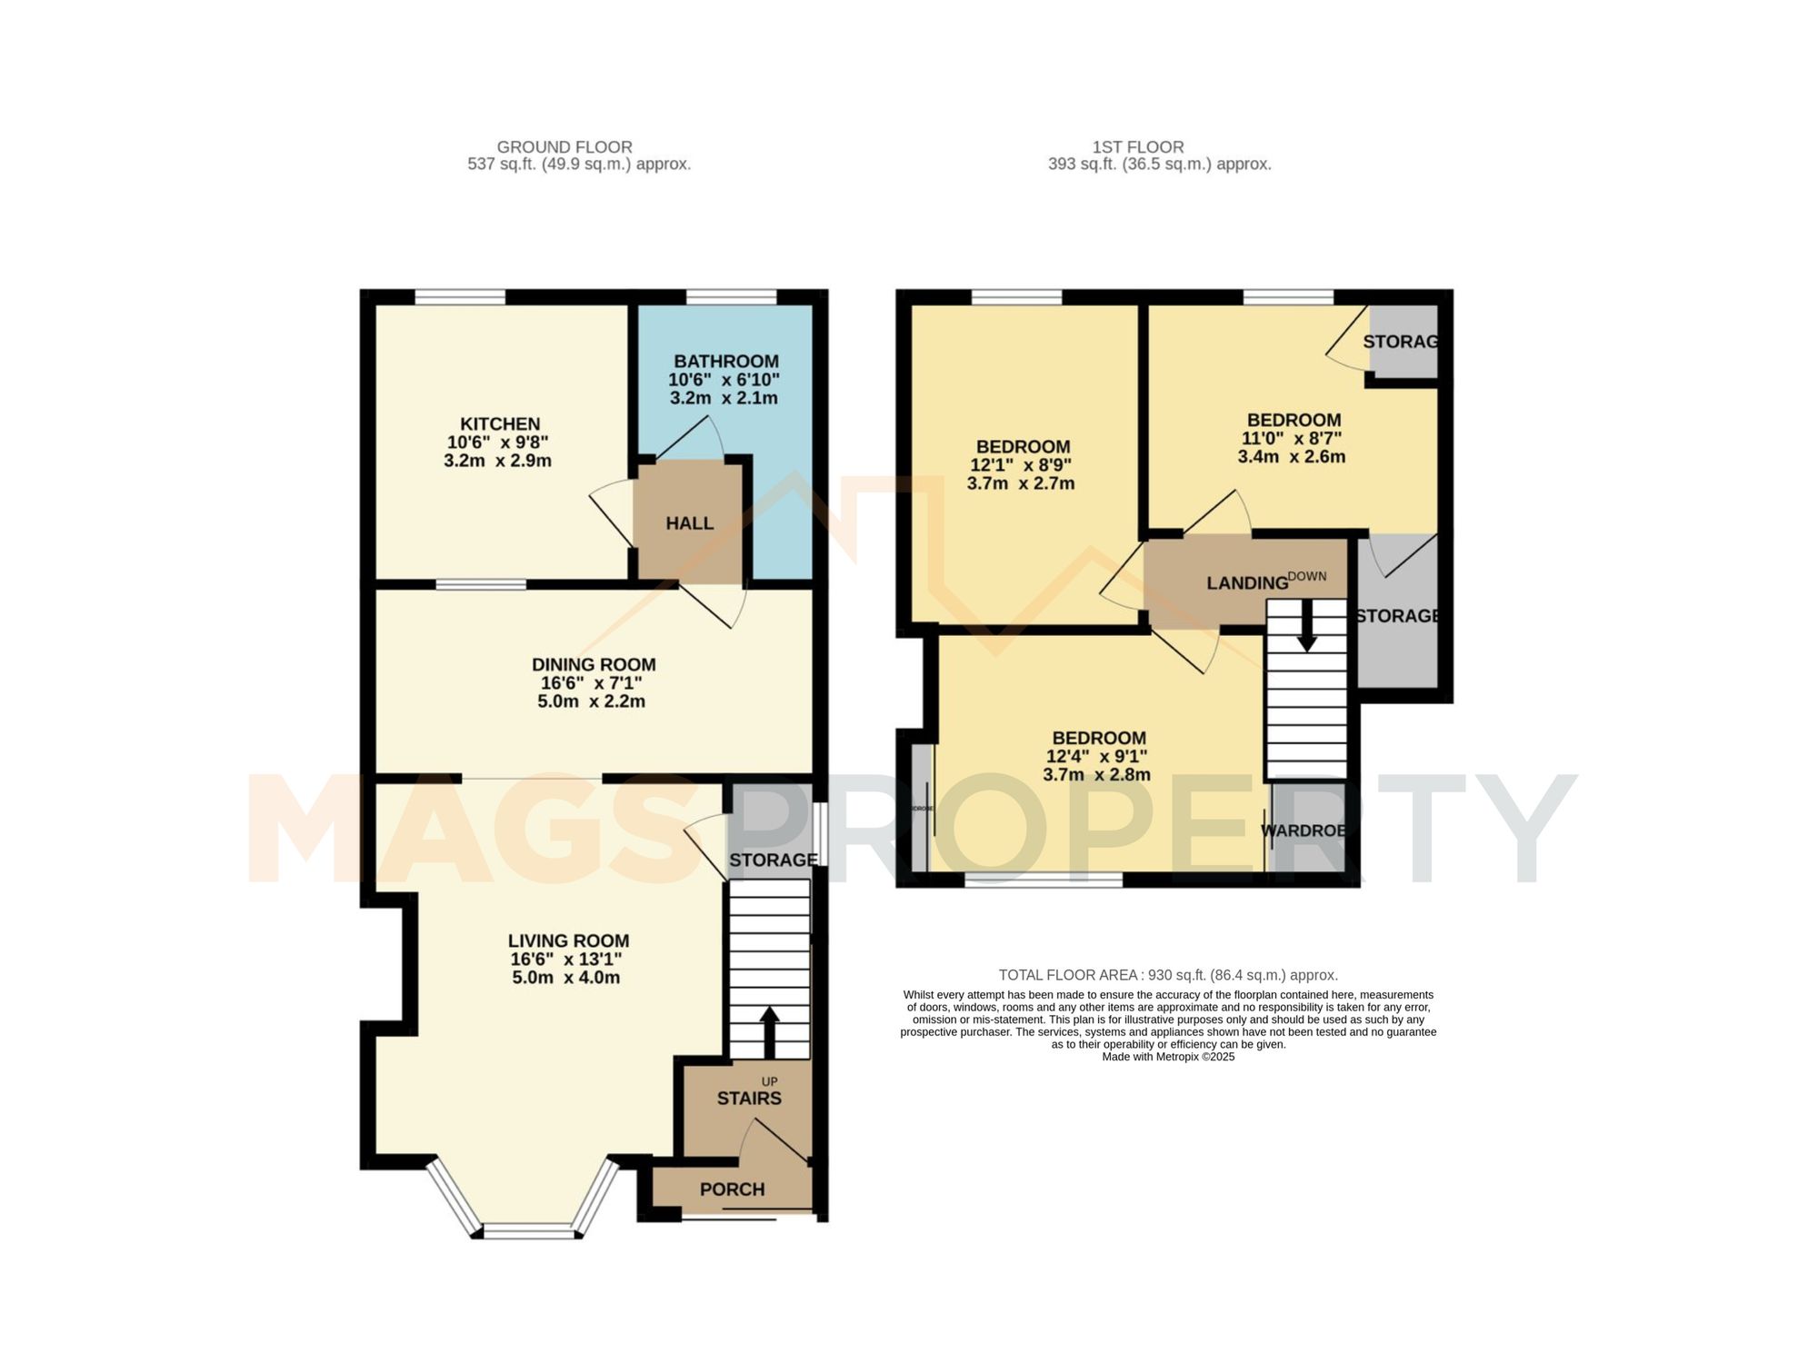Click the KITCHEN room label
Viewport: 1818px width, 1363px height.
[x=499, y=423]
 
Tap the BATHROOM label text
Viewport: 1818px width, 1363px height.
[x=725, y=361]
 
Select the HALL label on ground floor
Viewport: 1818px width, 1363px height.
[x=689, y=523]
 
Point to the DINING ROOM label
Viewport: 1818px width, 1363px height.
[x=594, y=664]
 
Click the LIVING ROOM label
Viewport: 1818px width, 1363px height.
[x=568, y=940]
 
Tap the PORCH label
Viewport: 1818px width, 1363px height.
[x=732, y=1189]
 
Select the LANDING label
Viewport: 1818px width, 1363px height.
[x=1247, y=583]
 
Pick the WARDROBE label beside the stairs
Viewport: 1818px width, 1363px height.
[x=1303, y=831]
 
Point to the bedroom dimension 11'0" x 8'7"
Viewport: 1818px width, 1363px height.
[x=1292, y=438]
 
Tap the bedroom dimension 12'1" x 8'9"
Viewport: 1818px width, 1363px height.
[x=1021, y=464]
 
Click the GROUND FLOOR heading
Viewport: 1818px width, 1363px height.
[x=564, y=146]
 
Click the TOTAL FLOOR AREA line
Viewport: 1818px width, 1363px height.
[x=1168, y=975]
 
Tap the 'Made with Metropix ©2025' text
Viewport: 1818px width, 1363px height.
[x=1168, y=1057]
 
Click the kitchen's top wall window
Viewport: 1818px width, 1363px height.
[x=460, y=296]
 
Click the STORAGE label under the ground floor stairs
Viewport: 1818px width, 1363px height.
[x=773, y=860]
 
